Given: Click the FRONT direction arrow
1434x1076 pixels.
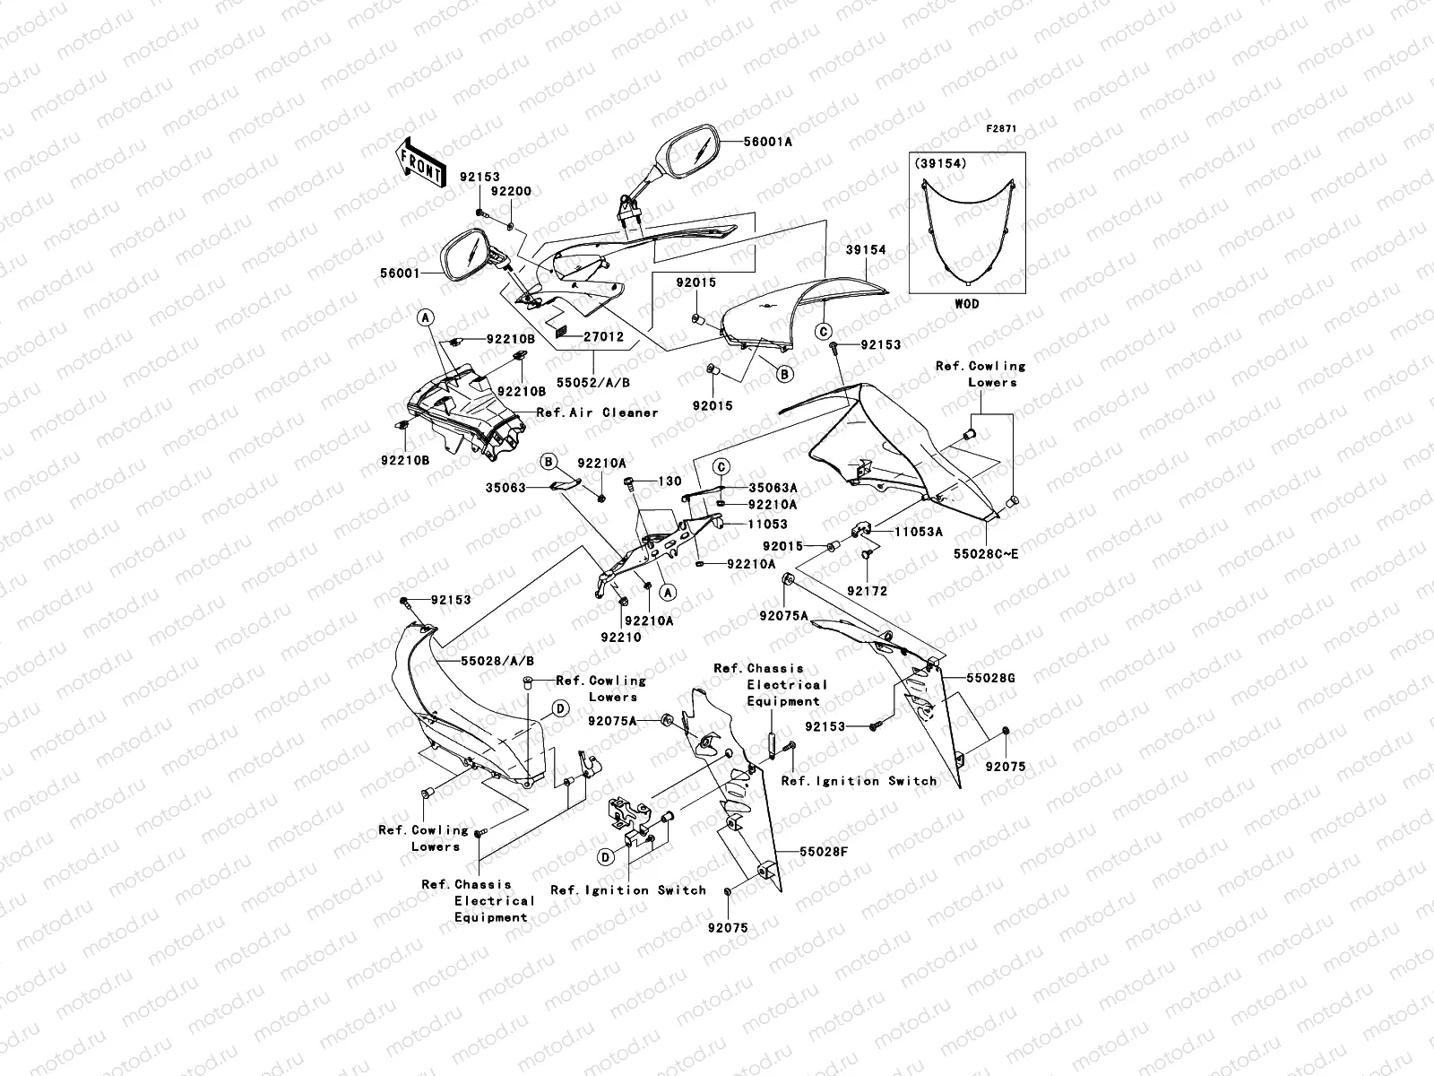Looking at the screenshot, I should coord(420,163).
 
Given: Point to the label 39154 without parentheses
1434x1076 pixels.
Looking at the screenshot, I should coord(865,250).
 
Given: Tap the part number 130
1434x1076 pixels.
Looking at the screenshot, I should coord(670,482).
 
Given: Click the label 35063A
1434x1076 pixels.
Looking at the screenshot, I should coord(773,488).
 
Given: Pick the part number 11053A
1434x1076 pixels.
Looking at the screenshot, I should coord(918,532).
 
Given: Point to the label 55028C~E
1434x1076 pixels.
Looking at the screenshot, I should coord(986,554).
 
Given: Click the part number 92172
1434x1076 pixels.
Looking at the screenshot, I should coord(867,591).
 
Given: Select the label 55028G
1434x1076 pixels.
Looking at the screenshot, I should coord(989,678).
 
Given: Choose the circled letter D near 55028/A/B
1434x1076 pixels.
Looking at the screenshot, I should coord(559,708).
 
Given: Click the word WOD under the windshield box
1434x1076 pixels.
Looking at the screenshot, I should coord(966,304).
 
